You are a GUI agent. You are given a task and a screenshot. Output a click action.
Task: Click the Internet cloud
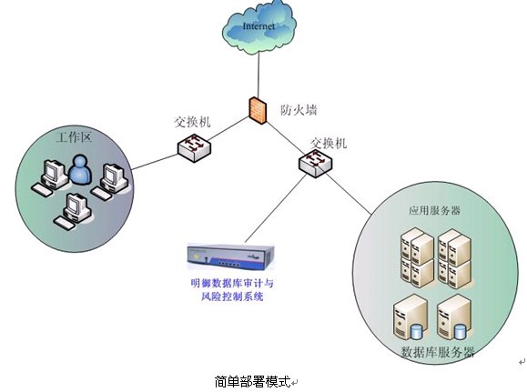[259, 27]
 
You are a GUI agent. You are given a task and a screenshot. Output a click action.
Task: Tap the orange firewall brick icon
[258, 110]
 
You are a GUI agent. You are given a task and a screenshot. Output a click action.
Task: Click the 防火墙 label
[299, 110]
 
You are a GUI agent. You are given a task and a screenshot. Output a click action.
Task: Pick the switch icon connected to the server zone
[315, 163]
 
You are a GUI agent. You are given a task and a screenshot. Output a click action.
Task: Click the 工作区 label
[74, 137]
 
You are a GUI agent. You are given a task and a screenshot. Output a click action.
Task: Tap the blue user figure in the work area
[80, 170]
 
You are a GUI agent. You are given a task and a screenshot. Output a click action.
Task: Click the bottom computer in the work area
[73, 211]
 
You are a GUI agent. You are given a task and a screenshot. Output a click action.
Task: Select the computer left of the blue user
[50, 177]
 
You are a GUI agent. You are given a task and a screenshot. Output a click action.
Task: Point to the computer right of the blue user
[110, 182]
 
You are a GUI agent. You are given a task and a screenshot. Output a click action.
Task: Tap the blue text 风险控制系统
[232, 297]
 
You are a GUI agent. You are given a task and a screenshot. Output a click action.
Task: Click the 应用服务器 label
[434, 211]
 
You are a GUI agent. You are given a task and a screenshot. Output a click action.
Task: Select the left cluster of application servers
[417, 257]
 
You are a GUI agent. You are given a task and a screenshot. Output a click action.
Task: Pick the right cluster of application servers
[454, 258]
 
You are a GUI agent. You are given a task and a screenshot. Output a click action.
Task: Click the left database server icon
[410, 317]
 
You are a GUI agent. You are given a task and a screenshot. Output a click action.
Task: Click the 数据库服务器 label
[438, 352]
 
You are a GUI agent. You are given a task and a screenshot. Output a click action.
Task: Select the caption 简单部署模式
[252, 382]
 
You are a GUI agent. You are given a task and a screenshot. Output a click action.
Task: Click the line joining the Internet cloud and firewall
[258, 75]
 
